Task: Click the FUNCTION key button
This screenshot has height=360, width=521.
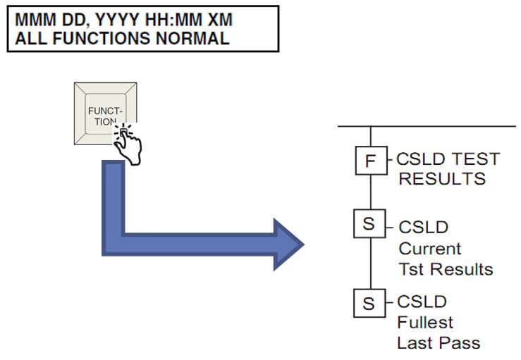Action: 105,113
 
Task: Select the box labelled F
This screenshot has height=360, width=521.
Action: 371,161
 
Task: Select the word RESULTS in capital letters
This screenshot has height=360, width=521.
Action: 442,178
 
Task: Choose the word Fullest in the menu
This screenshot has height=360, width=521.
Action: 425,323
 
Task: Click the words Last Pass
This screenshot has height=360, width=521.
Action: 438,343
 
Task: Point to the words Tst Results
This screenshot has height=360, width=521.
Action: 446,269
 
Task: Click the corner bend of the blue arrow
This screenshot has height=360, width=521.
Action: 114,243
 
